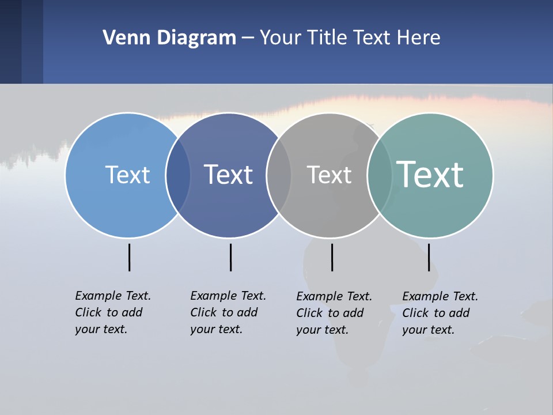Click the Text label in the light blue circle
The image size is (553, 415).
pos(127,175)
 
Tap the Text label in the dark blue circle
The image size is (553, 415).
pos(228,175)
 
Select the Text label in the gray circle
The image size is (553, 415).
pos(329,175)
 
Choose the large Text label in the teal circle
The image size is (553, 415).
pos(430,175)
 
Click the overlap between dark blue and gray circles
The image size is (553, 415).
pos(279,175)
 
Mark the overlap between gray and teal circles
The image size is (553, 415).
pos(380,175)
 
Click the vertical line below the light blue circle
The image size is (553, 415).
pos(129,257)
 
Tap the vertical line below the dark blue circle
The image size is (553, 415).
pos(230,257)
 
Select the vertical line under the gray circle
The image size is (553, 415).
pos(332,257)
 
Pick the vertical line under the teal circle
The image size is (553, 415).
pos(429,257)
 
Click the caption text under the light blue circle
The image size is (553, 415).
pos(113,312)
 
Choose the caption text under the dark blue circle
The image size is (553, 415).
pos(228,312)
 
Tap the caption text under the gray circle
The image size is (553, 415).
pos(334,313)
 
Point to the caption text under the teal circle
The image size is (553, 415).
pos(440,313)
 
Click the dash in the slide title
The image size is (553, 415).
pos(248,39)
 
